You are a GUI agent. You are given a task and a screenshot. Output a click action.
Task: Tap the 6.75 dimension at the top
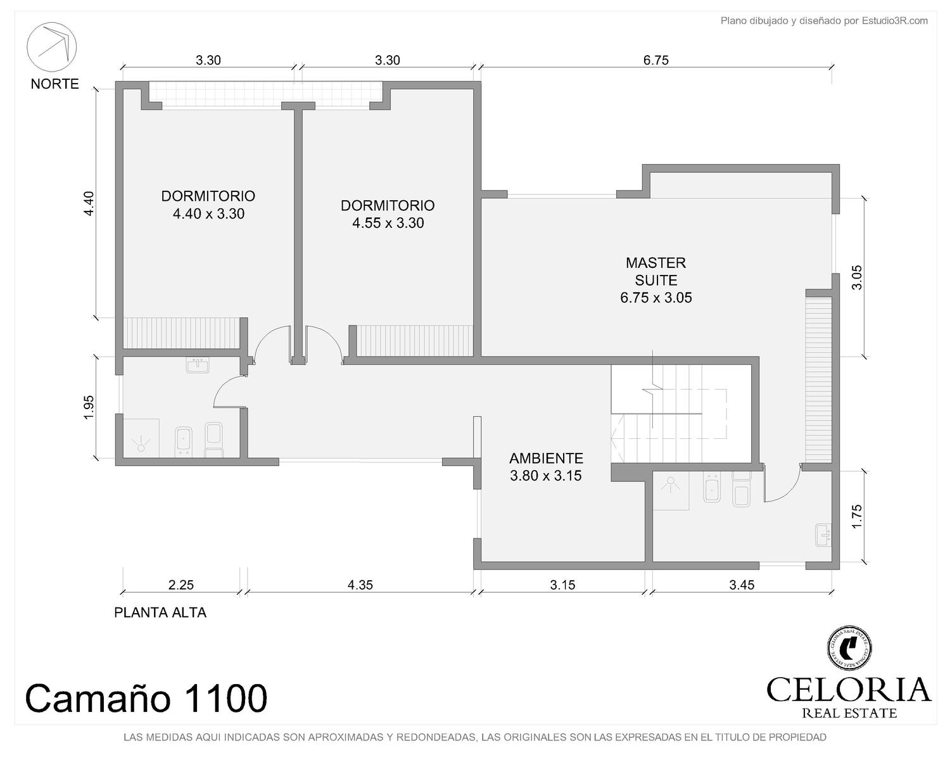click(x=656, y=60)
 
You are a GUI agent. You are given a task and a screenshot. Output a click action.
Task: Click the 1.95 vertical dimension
click(x=89, y=407)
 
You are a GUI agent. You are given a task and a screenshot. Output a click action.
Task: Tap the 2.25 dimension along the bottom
click(x=181, y=585)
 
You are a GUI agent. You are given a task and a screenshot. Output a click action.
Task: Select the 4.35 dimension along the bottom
click(x=360, y=585)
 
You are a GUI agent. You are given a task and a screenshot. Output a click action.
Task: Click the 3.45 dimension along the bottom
click(x=742, y=585)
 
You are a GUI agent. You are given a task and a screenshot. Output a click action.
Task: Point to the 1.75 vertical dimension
click(x=856, y=516)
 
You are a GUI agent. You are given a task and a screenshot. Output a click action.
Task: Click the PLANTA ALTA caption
click(x=160, y=612)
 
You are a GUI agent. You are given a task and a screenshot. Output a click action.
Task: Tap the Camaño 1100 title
click(x=146, y=698)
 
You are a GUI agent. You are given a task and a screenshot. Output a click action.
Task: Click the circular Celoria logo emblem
click(x=849, y=647)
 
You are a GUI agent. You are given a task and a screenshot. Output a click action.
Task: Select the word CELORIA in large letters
click(x=849, y=689)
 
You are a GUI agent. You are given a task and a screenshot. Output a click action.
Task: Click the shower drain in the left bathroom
click(x=141, y=447)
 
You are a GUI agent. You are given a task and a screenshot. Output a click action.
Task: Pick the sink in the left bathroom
click(x=198, y=365)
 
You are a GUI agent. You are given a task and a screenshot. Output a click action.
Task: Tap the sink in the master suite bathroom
click(x=823, y=535)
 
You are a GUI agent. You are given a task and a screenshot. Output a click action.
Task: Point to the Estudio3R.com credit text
click(x=824, y=21)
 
